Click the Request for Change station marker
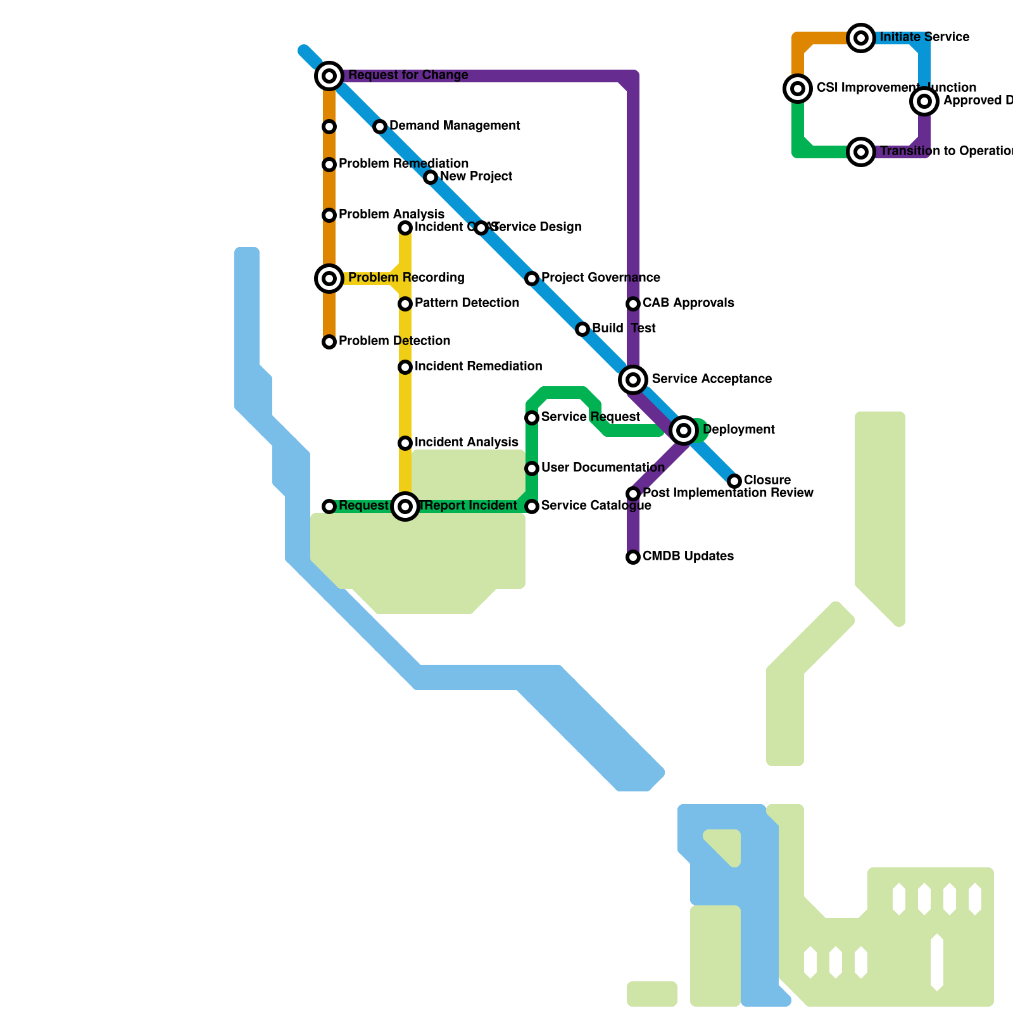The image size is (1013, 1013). [329, 76]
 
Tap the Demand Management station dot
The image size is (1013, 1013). [380, 127]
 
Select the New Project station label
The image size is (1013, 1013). [476, 177]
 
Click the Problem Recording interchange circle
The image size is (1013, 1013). [329, 278]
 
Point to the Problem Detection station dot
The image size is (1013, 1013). [329, 342]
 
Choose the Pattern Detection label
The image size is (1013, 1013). [467, 303]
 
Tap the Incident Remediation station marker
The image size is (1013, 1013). [405, 367]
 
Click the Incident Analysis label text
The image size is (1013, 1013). [466, 443]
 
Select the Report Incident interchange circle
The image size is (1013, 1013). [405, 507]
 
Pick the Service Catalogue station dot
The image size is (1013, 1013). [532, 507]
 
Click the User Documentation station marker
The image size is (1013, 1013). [532, 469]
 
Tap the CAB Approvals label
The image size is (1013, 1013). [688, 303]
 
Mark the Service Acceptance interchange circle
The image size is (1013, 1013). [633, 379]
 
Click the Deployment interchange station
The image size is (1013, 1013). [684, 431]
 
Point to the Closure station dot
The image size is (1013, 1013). [734, 481]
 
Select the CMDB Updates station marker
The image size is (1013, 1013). [633, 557]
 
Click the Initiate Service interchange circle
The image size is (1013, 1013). [861, 38]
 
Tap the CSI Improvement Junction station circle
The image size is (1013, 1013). [798, 88]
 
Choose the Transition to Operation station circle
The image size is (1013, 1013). [861, 152]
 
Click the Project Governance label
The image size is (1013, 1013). [600, 278]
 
